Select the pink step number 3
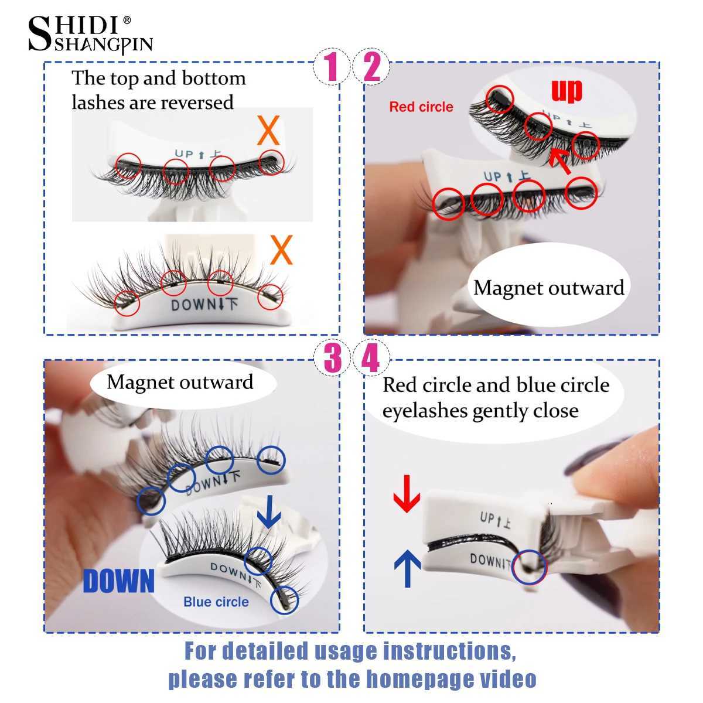click(x=332, y=359)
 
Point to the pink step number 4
click(x=372, y=359)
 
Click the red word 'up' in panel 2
click(x=567, y=91)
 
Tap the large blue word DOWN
click(x=119, y=581)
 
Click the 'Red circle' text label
click(x=421, y=107)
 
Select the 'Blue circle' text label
click(x=216, y=602)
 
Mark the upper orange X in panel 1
click(x=268, y=132)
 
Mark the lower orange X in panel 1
click(x=281, y=251)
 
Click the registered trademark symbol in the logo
click(x=127, y=21)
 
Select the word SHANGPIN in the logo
click(x=103, y=45)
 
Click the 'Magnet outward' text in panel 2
click(x=549, y=288)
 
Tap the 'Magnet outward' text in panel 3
click(x=180, y=382)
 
